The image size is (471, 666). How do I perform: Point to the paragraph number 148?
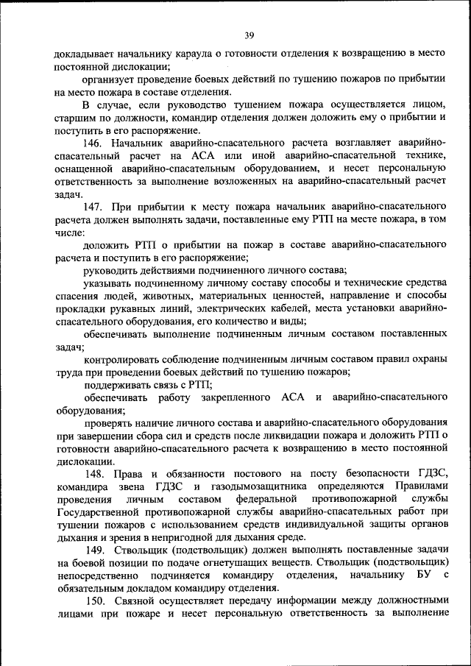(94, 472)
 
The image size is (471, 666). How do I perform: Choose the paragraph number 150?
(94, 600)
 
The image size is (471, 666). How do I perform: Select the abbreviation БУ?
(420, 575)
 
